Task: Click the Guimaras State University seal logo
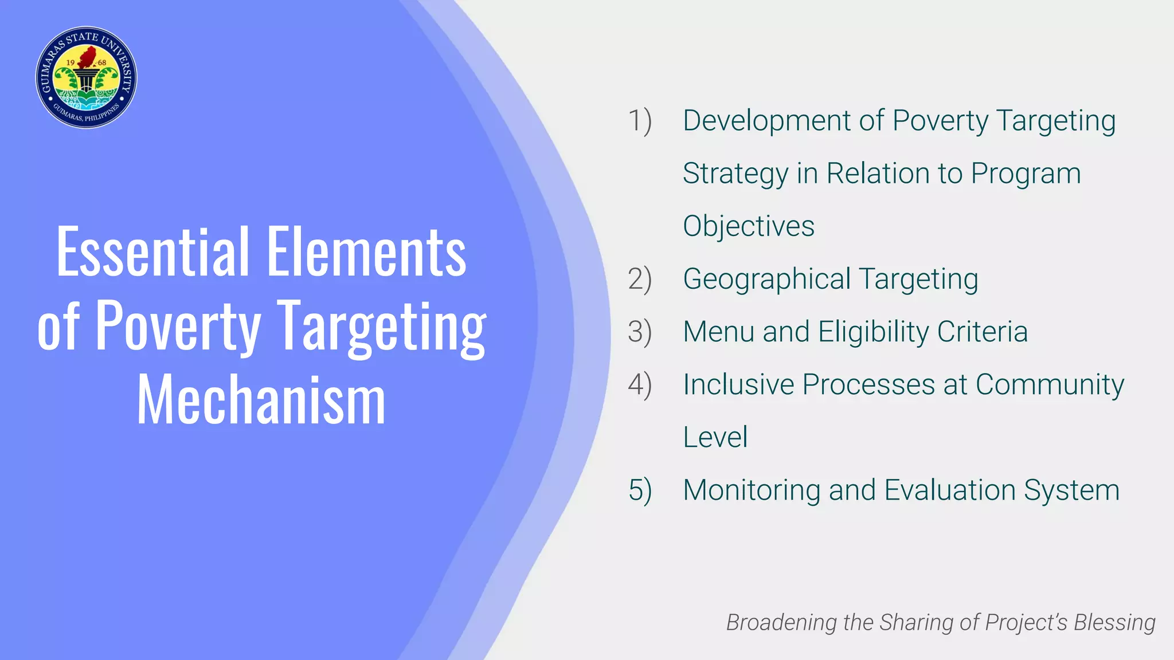(x=86, y=77)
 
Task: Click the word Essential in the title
(x=153, y=252)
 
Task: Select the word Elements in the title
(x=366, y=252)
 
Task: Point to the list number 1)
(x=640, y=121)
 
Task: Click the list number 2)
(x=640, y=280)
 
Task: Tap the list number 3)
(x=640, y=332)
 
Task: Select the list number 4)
(x=640, y=385)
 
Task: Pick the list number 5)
(x=640, y=490)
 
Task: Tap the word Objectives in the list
(x=749, y=226)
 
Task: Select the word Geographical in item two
(x=766, y=280)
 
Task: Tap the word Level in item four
(x=715, y=437)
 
